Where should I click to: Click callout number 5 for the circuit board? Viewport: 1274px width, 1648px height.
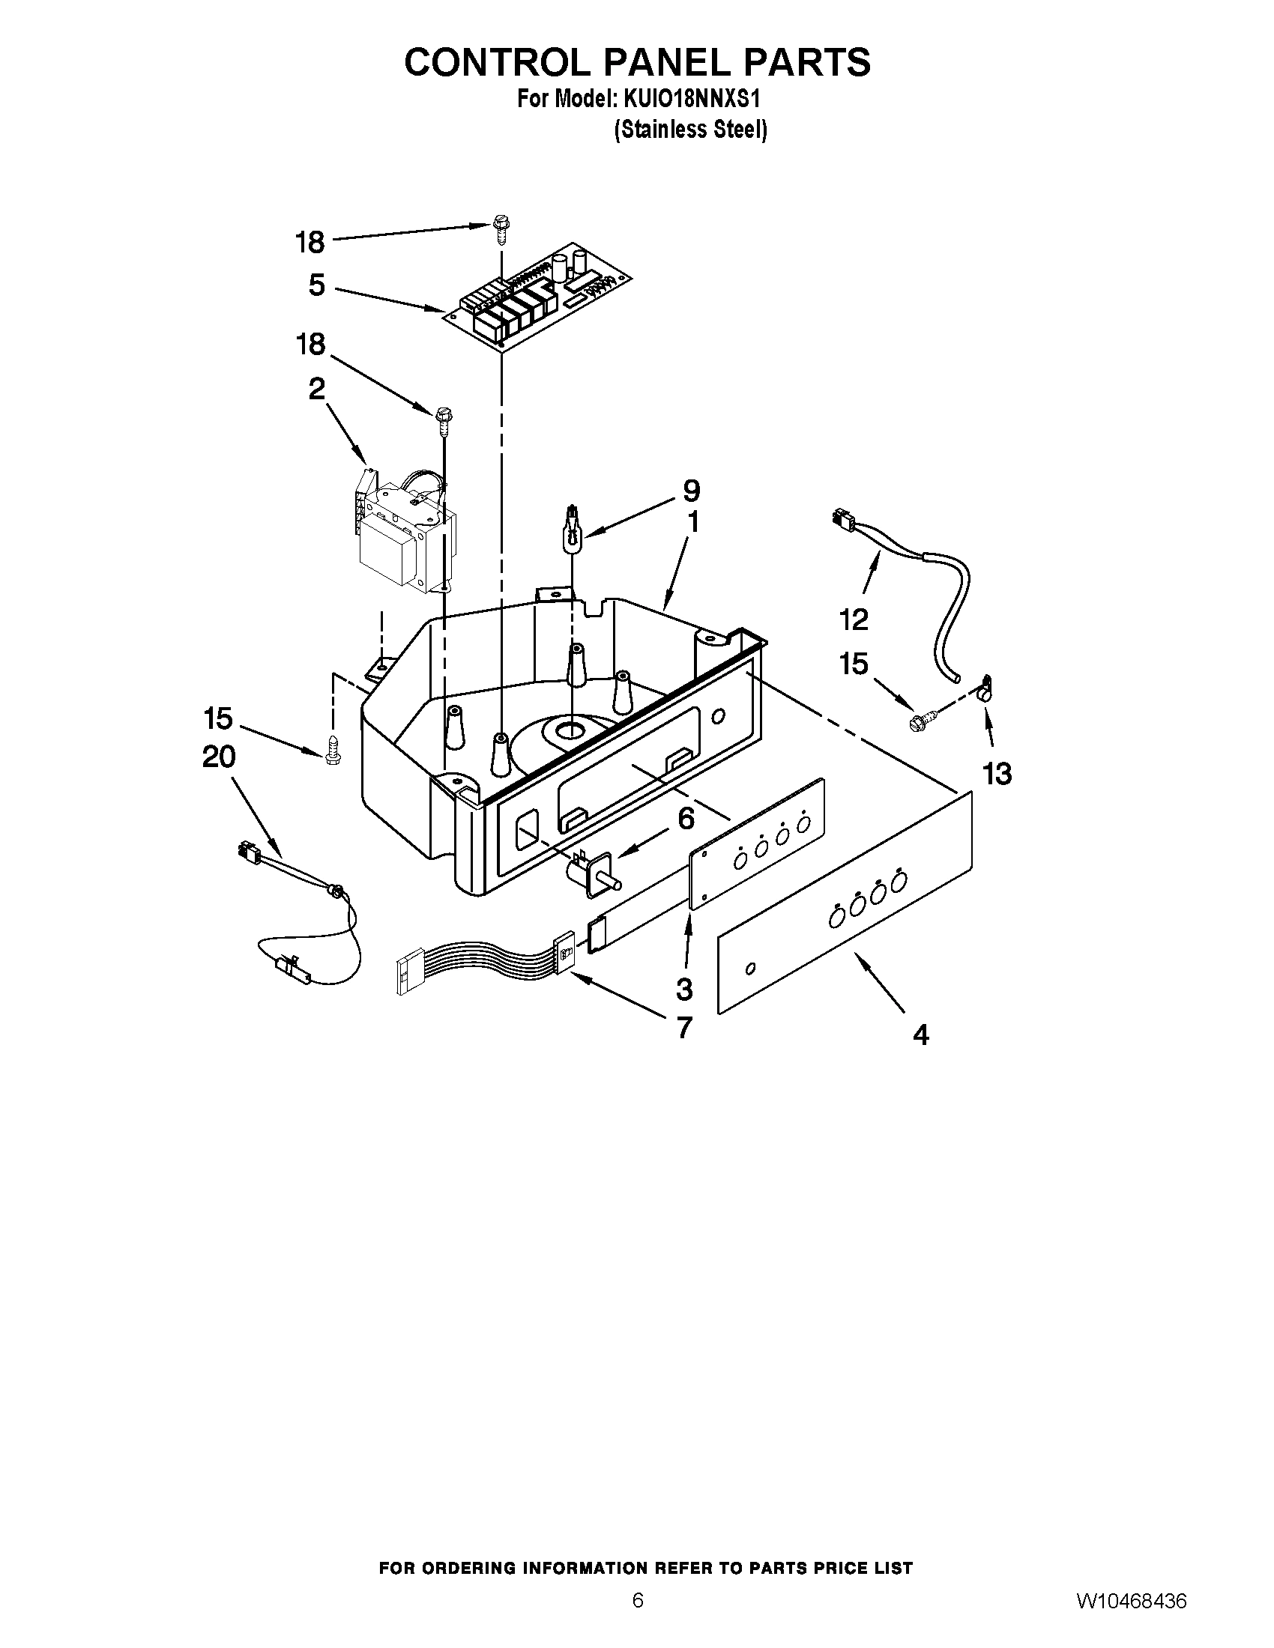[316, 285]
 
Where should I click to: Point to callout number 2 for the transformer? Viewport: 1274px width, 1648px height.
[316, 390]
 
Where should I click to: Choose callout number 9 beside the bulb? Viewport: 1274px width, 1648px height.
[691, 491]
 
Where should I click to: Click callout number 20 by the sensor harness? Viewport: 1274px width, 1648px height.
[219, 757]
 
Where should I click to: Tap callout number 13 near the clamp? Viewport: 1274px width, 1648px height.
[997, 773]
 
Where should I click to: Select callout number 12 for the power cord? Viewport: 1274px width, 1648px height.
[854, 619]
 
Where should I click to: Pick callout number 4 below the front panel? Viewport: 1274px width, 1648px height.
[920, 1034]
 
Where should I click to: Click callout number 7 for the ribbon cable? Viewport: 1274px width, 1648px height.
[683, 1027]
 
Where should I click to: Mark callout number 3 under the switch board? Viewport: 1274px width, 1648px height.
[683, 987]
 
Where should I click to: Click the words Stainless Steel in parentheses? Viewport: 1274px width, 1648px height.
[691, 130]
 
